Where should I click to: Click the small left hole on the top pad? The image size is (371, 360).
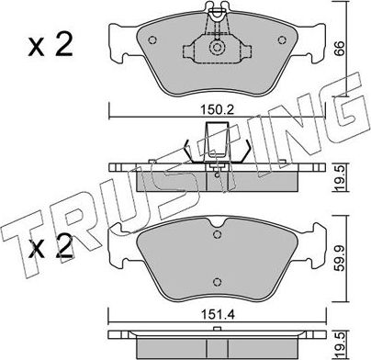click(x=152, y=41)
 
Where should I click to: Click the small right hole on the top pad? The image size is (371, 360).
click(x=281, y=41)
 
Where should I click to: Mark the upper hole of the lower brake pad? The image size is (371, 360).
click(x=217, y=231)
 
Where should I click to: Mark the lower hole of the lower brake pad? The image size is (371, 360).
click(x=217, y=281)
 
